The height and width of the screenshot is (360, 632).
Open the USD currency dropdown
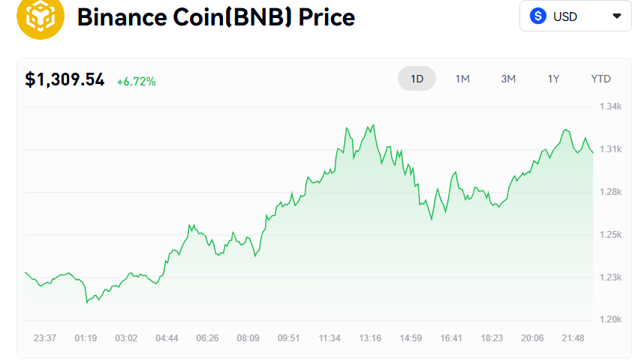[x=575, y=16]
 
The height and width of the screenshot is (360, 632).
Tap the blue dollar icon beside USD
[x=537, y=16]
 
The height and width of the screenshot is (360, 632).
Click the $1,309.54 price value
[x=65, y=79]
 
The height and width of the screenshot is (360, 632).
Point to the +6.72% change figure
[x=136, y=81]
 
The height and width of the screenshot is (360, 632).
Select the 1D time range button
[x=417, y=79]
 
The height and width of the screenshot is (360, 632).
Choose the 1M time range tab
[x=462, y=79]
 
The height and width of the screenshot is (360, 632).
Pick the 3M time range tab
[x=508, y=79]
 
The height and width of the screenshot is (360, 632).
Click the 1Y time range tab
[x=553, y=79]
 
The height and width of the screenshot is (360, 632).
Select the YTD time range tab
[x=600, y=79]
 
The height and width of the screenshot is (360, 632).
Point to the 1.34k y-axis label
[x=610, y=106]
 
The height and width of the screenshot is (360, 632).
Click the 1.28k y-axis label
[x=610, y=192]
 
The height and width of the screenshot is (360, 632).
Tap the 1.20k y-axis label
[x=610, y=319]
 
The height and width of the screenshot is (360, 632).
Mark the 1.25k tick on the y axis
[x=610, y=235]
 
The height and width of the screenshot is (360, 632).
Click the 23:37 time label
[x=45, y=338]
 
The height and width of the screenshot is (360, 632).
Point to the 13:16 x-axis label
[x=370, y=338]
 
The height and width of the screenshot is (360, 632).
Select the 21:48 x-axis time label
[x=573, y=338]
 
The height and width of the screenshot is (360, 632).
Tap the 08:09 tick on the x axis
[x=248, y=338]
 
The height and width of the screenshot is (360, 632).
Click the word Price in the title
[x=327, y=17]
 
